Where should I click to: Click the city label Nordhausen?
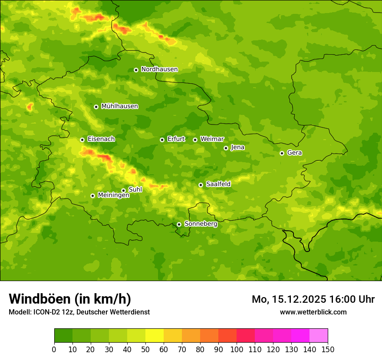159,69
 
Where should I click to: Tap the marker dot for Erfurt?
162,140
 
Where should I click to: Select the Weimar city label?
212,139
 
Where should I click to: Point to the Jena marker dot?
226,148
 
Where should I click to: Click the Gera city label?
294,153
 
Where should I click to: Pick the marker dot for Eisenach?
82,140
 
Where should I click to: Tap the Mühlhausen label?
119,106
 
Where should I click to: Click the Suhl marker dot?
123,190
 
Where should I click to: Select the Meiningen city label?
113,196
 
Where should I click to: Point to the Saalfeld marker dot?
201,185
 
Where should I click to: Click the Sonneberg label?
201,224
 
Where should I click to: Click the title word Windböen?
40,299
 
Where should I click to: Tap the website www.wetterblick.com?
313,312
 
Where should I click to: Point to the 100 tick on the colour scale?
237,349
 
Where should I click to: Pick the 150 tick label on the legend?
328,349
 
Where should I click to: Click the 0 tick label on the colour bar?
54,349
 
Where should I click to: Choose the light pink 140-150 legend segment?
319,336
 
